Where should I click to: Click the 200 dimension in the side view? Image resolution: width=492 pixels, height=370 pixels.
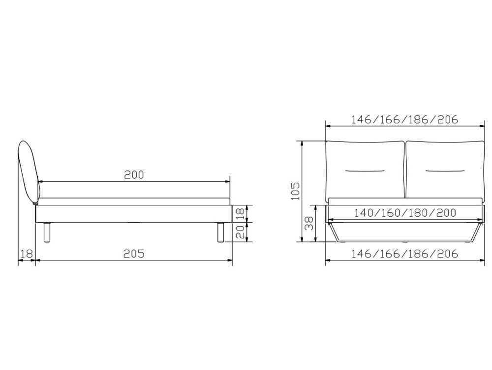[x=134, y=175]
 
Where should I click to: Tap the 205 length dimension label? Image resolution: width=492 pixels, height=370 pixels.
[x=134, y=254]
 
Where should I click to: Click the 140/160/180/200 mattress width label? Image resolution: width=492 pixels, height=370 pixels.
[x=404, y=213]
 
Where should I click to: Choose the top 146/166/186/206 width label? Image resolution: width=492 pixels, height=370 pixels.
[x=404, y=119]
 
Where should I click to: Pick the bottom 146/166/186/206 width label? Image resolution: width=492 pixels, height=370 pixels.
[x=404, y=254]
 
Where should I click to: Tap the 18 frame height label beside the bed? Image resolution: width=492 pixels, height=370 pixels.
[x=241, y=213]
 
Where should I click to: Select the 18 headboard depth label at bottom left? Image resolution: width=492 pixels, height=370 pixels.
[x=27, y=254]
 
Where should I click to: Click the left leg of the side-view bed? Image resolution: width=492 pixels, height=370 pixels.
[x=47, y=232]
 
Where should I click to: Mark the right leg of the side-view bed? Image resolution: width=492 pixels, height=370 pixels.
[x=220, y=232]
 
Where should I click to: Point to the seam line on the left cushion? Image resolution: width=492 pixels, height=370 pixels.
[x=365, y=171]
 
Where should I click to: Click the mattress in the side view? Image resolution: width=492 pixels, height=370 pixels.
[x=134, y=201]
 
